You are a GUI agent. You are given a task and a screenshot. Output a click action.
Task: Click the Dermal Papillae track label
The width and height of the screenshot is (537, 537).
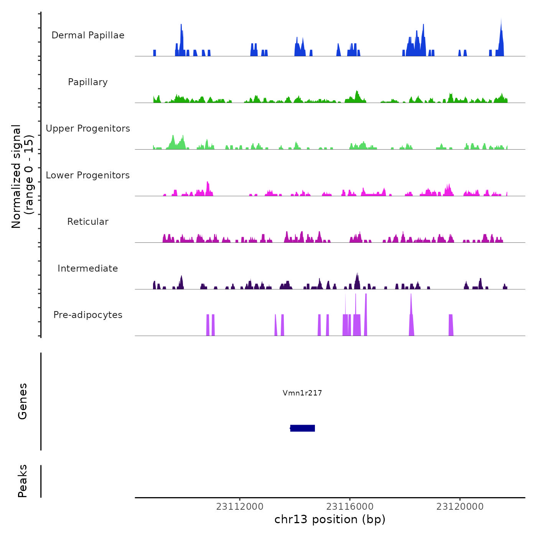click(x=88, y=35)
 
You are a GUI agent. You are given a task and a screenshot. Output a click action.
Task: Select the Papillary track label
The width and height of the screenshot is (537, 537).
click(x=88, y=82)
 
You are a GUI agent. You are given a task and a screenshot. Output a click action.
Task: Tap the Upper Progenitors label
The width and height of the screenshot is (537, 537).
click(x=88, y=128)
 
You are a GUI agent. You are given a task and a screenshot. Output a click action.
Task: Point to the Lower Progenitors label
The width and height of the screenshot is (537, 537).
click(x=88, y=175)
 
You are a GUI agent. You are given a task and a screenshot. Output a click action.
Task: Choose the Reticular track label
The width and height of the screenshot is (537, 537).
click(x=88, y=222)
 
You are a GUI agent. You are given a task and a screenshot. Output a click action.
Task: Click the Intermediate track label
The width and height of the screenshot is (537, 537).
click(x=88, y=268)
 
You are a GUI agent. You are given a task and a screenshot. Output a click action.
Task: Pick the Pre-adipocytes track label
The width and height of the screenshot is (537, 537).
click(x=88, y=315)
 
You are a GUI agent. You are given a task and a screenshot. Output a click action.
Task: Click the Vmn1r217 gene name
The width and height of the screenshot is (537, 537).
click(x=302, y=393)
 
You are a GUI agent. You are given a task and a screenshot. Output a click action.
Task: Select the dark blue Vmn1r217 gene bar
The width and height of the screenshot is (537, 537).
click(x=303, y=428)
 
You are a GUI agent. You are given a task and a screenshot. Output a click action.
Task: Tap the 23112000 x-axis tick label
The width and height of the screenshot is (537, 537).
click(x=240, y=507)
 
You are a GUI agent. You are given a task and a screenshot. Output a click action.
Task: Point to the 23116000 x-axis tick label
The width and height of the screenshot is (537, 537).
click(x=350, y=507)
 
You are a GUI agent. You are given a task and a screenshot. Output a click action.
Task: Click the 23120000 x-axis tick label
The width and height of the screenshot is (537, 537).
click(x=460, y=507)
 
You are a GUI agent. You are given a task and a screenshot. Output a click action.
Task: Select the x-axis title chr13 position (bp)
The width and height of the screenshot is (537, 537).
click(x=330, y=519)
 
